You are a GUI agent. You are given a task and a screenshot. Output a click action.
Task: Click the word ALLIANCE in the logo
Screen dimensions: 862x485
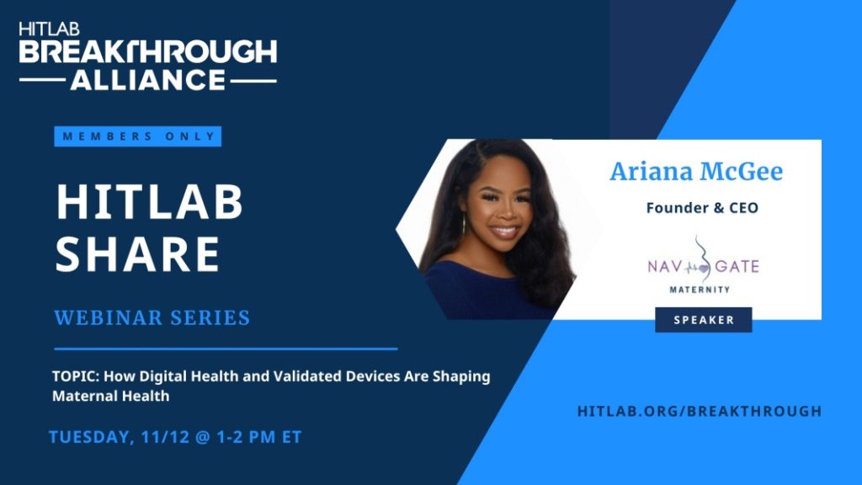tap(148, 80)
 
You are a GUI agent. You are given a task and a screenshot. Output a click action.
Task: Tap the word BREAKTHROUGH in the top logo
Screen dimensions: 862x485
tap(148, 52)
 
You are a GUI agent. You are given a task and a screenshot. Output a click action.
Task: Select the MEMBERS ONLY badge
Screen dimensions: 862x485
tap(138, 136)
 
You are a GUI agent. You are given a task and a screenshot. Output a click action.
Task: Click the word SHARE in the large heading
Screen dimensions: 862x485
tap(137, 253)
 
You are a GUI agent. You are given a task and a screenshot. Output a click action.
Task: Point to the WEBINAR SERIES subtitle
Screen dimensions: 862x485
tap(152, 317)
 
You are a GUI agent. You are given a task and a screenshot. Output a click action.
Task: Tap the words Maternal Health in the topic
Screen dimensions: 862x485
tap(111, 396)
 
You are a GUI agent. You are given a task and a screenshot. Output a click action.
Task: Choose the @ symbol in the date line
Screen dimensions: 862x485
tap(202, 437)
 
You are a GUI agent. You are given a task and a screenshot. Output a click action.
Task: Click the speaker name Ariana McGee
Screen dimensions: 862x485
tap(696, 171)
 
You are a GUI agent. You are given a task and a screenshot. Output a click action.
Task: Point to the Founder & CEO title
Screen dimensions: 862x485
tap(702, 208)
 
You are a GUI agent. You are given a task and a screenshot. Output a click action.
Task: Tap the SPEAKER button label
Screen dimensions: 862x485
tap(704, 320)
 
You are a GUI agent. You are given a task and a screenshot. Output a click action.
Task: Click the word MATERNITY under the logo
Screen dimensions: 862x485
tap(700, 290)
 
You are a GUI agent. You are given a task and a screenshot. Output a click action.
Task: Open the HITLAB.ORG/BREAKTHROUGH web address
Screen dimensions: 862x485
tap(700, 411)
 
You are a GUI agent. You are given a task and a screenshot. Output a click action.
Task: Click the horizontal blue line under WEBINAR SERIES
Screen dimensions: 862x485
tap(226, 349)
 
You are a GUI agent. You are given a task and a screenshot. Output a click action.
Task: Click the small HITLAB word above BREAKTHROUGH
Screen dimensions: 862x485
tap(50, 29)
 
